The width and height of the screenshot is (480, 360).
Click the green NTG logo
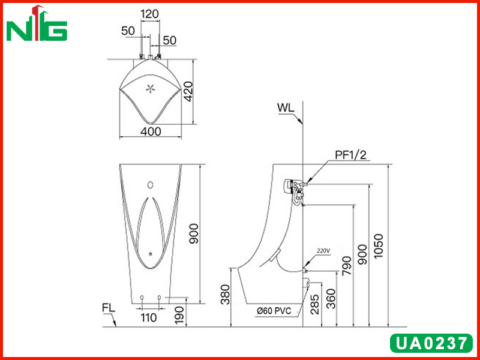[37, 23]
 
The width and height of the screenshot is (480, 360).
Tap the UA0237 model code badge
[431, 343]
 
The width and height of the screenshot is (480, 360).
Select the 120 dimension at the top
[149, 14]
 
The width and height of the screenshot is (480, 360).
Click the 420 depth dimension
[188, 91]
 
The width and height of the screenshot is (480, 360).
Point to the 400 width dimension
[151, 131]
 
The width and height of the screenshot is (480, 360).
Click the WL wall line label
[286, 108]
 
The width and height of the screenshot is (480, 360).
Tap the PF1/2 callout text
[350, 155]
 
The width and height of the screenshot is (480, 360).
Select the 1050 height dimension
[379, 246]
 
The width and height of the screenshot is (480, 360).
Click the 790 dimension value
[347, 266]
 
